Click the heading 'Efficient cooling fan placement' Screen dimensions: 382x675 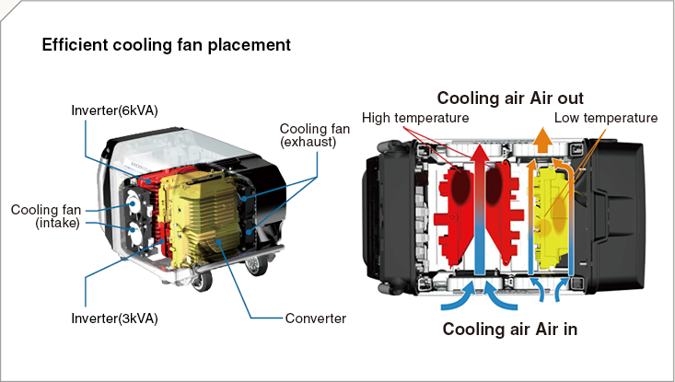(x=167, y=44)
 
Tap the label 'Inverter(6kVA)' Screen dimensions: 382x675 (x=115, y=110)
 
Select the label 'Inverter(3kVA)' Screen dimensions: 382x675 (x=114, y=318)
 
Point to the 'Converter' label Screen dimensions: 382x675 (x=316, y=318)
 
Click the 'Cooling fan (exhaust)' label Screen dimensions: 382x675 (x=308, y=135)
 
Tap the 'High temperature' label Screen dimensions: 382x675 (x=415, y=118)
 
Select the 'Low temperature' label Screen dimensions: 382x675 (x=605, y=118)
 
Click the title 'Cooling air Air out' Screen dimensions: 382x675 (x=510, y=98)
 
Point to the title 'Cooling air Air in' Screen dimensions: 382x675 (x=510, y=330)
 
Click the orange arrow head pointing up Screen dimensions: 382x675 (x=543, y=141)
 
